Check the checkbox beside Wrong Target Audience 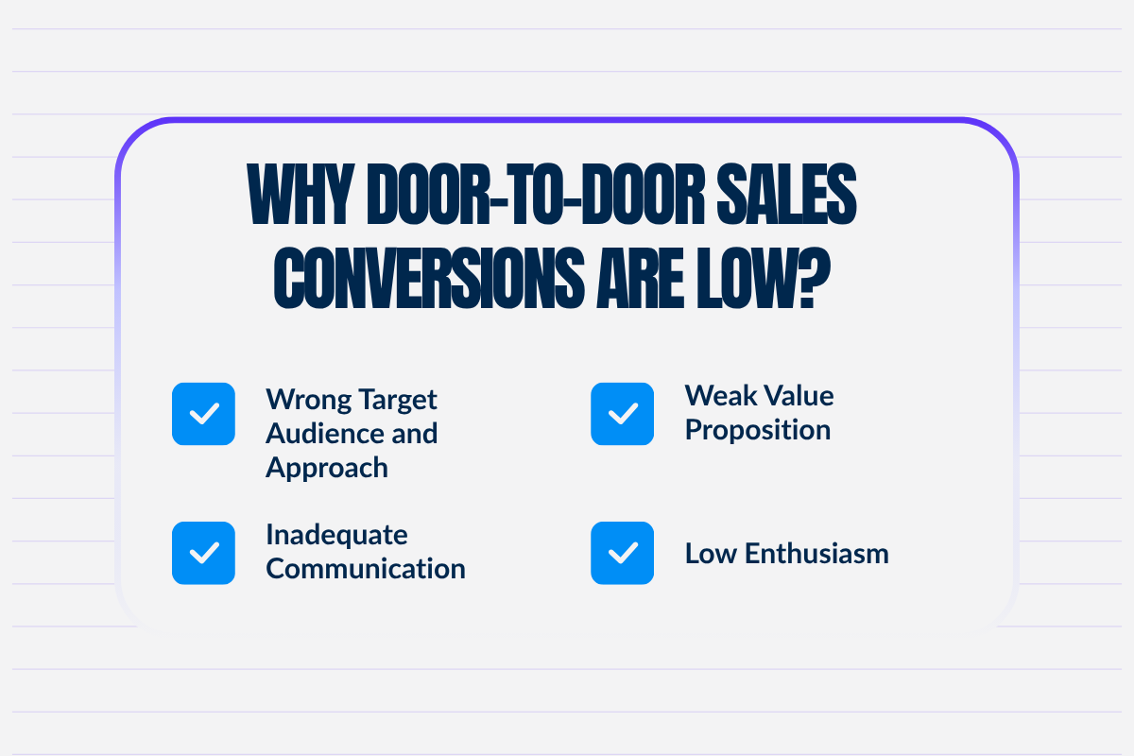(203, 414)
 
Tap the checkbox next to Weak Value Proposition (622, 414)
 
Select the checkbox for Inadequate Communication (203, 553)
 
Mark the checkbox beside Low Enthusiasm (622, 553)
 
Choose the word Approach (327, 468)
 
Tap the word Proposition (758, 430)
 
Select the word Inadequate (336, 534)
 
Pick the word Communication (366, 569)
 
